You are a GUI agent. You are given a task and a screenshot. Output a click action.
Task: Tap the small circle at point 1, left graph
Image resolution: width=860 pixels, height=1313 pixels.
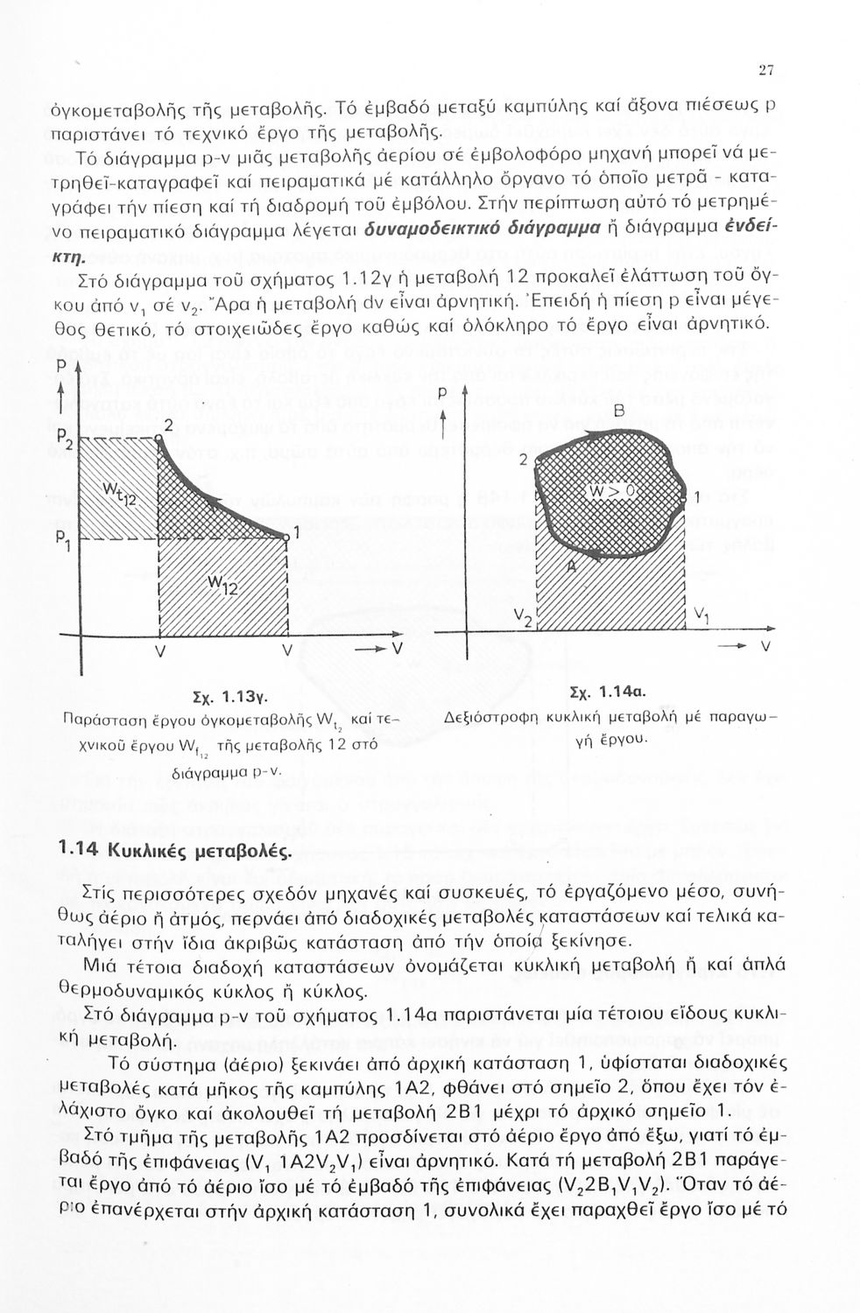[x=286, y=537]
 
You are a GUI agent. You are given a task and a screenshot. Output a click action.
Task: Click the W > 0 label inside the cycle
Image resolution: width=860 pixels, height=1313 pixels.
[x=614, y=493]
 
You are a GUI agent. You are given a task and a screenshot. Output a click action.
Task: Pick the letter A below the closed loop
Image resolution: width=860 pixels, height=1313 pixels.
[x=572, y=567]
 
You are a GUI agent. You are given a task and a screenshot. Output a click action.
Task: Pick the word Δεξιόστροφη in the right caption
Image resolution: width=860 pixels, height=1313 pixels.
[x=487, y=718]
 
